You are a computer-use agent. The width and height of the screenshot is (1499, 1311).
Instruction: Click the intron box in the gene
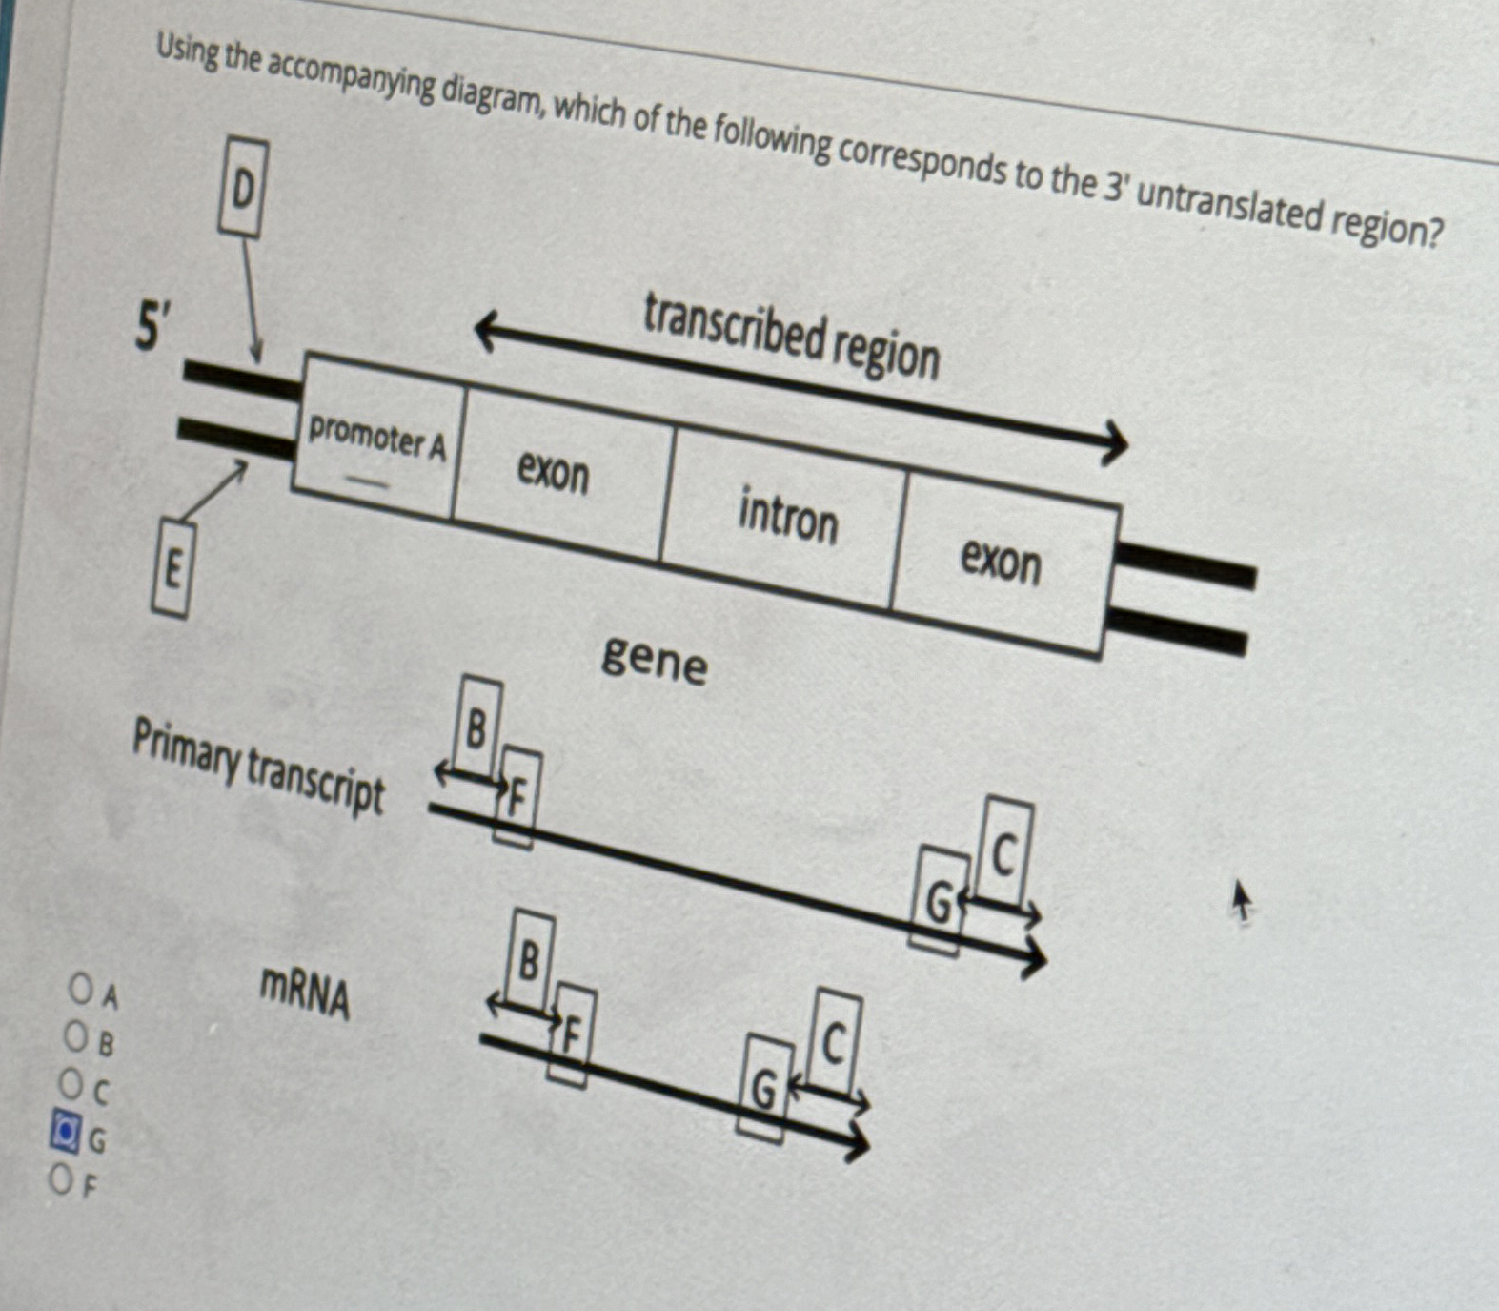coord(787,516)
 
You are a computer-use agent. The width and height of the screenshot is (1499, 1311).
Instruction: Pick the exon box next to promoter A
coord(554,471)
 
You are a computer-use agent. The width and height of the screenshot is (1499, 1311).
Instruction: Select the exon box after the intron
coord(1001,560)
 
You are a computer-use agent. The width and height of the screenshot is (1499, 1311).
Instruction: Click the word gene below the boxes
coord(655,659)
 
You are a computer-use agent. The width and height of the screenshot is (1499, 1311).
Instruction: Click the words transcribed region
coord(791,336)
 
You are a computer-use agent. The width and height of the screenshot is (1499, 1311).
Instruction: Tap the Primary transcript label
coord(257,766)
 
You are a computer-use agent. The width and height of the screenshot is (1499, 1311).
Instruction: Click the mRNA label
coord(305,993)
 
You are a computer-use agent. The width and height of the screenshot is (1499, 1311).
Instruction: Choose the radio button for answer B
coord(75,1035)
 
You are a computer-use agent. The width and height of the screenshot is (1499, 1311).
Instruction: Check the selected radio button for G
coord(65,1131)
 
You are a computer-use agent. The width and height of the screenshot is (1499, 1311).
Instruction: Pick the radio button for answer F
coord(61,1179)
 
